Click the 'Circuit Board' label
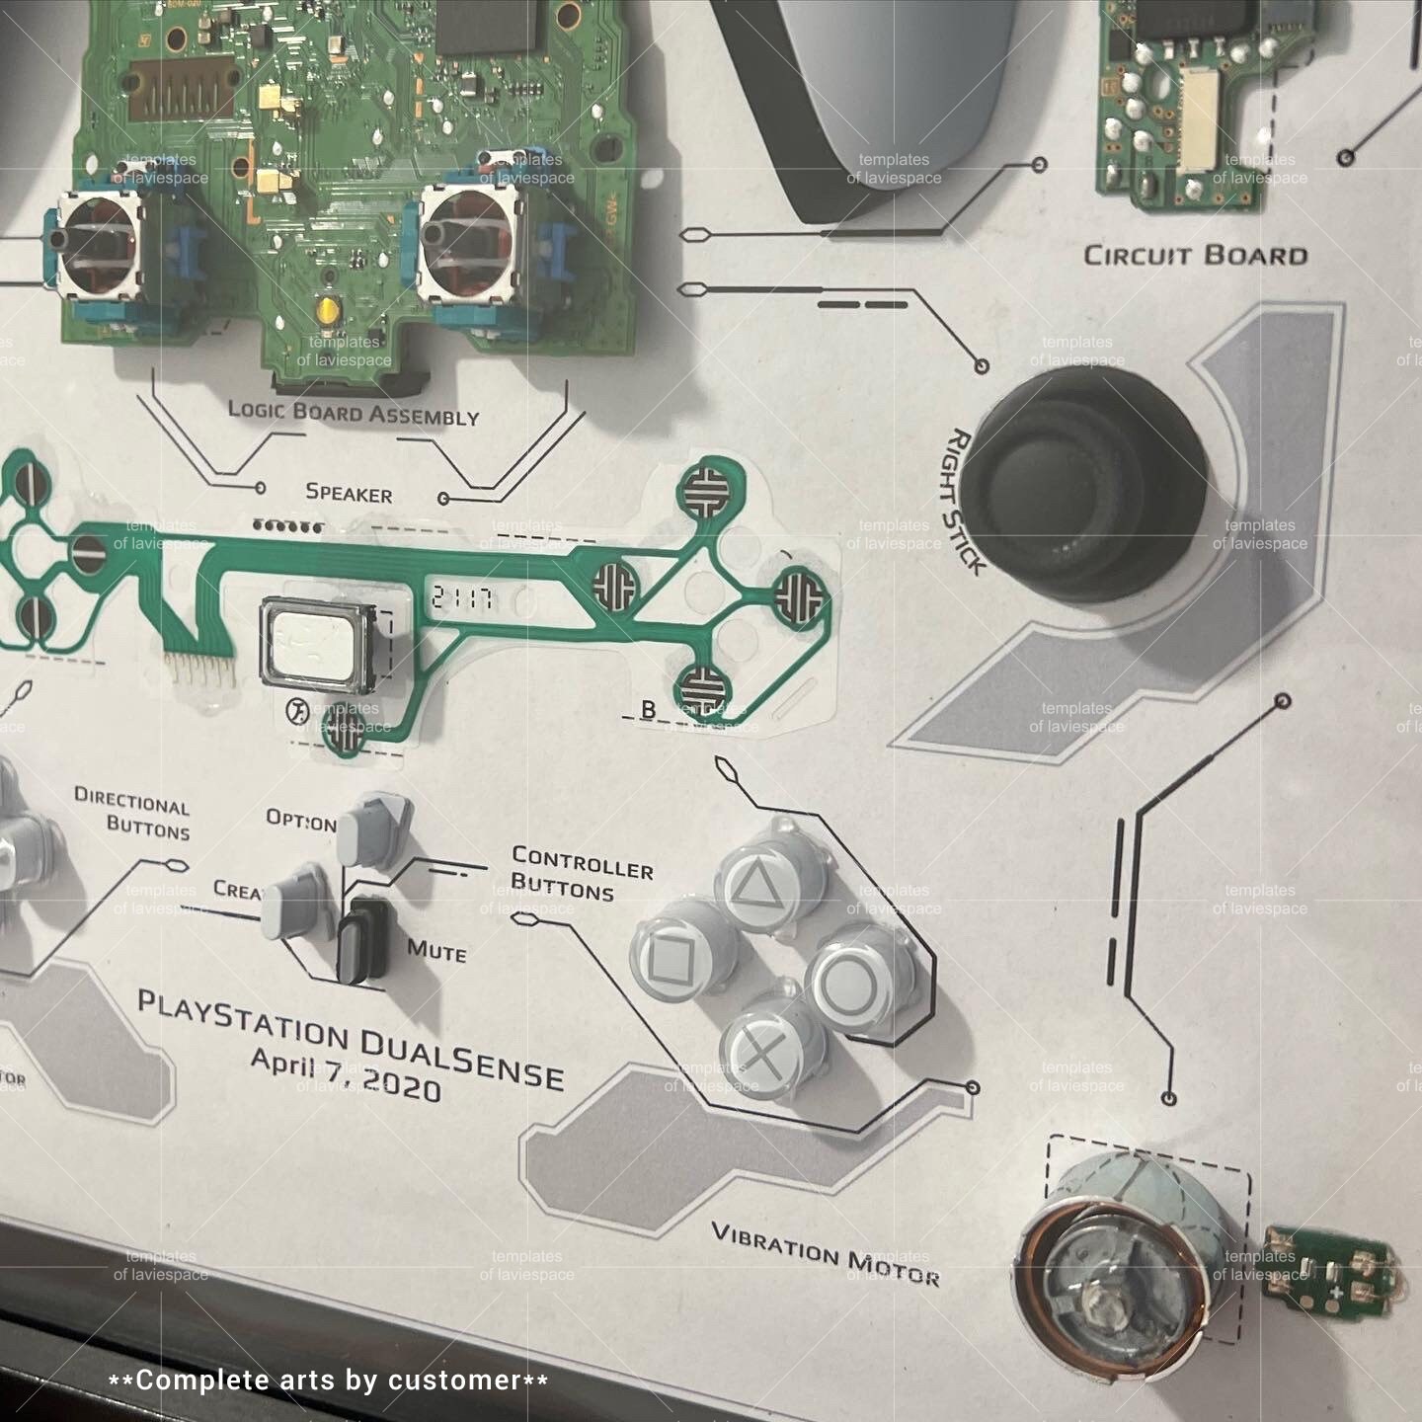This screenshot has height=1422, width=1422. tap(1195, 256)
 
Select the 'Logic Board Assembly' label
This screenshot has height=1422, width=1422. tap(353, 412)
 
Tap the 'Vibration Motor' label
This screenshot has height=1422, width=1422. tap(825, 1254)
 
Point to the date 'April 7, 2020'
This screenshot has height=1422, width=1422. tap(346, 1074)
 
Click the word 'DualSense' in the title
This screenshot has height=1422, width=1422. tap(460, 1058)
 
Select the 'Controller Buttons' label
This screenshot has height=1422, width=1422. tap(580, 874)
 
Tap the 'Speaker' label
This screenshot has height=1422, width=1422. tap(349, 493)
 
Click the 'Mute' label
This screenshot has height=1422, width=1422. tap(436, 951)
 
